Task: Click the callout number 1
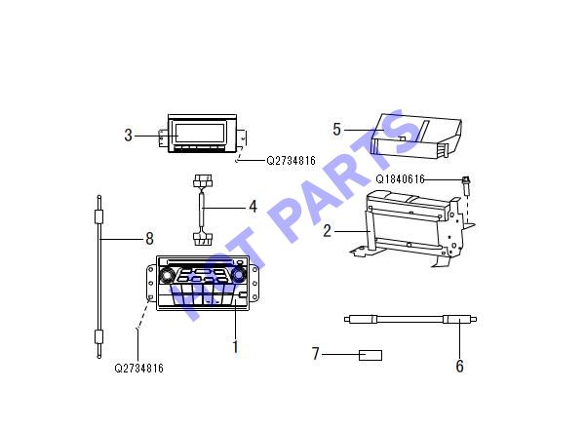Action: [235, 347]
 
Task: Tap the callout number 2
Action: [327, 231]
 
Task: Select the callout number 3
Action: [128, 136]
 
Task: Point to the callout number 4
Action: [253, 207]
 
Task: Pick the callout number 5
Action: [336, 130]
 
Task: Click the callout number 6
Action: [459, 366]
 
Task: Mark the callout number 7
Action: [316, 354]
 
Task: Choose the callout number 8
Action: [149, 238]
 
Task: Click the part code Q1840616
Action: [400, 179]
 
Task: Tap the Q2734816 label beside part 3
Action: [291, 161]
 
